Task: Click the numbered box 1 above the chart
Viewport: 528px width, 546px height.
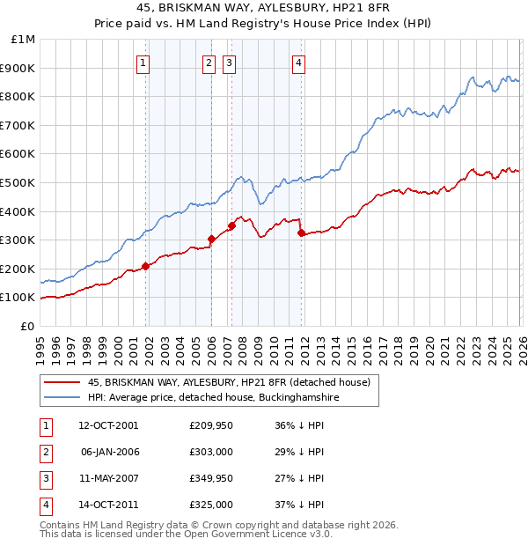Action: coord(143,62)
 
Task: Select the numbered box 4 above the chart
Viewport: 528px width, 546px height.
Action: coord(299,62)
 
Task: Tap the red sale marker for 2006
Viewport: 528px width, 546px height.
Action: coord(211,239)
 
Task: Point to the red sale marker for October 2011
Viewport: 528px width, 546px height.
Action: coord(301,232)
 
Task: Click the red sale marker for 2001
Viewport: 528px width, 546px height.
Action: coord(145,266)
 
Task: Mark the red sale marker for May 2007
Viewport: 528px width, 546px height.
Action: coord(232,225)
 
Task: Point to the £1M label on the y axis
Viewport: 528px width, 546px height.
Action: coord(23,40)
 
